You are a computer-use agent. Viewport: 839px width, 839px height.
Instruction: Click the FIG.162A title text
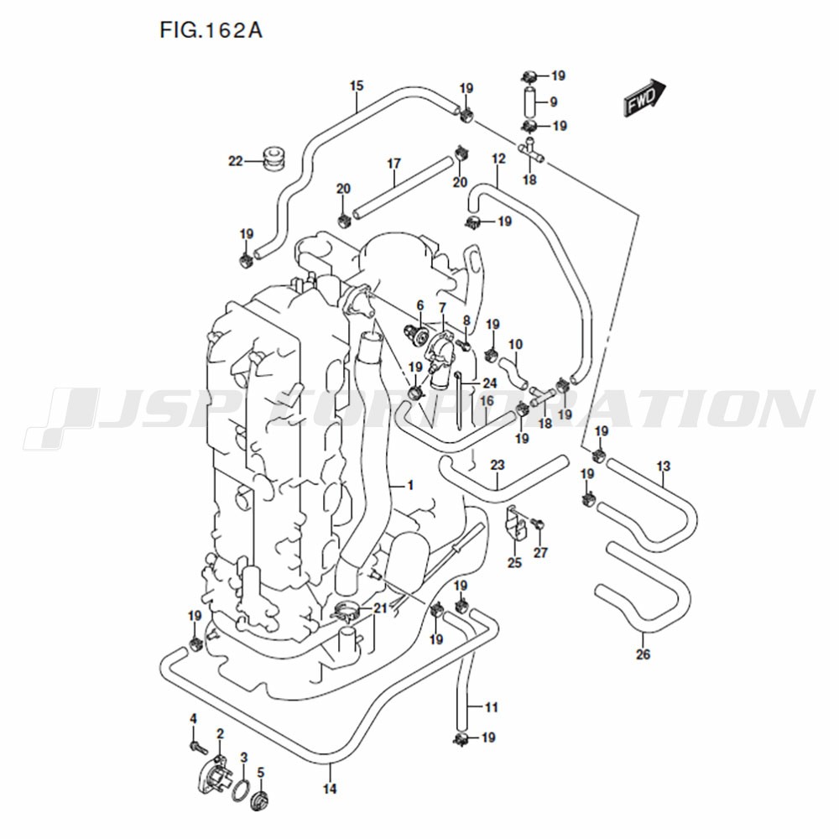click(211, 30)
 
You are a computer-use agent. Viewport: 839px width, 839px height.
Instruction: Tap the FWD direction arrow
click(644, 97)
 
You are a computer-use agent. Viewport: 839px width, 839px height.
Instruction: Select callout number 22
click(236, 160)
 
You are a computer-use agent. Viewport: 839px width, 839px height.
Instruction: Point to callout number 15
click(357, 86)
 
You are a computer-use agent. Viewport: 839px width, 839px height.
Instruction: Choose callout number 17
click(393, 164)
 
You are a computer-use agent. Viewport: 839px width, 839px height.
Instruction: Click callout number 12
click(498, 159)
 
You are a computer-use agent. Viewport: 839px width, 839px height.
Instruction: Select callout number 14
click(330, 788)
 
